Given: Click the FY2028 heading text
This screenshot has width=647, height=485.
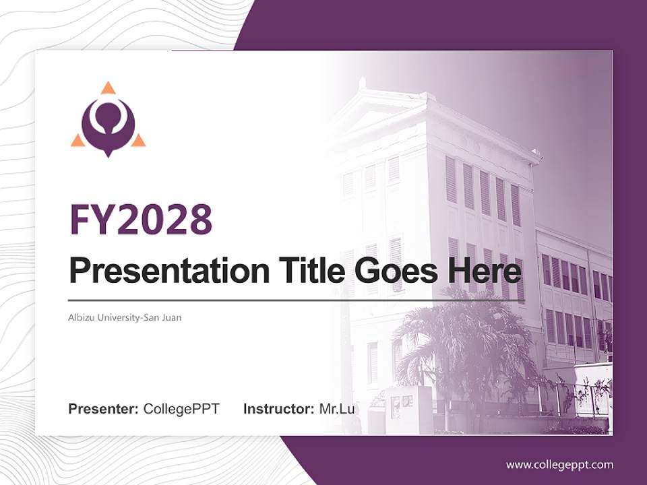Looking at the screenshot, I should pyautogui.click(x=141, y=218).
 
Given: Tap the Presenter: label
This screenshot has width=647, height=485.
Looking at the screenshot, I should pyautogui.click(x=103, y=409).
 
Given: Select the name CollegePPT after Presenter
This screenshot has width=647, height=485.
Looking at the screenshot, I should pyautogui.click(x=181, y=409).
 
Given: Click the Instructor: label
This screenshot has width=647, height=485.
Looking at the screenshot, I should pyautogui.click(x=278, y=409).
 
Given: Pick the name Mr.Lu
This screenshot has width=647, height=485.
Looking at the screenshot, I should pyautogui.click(x=337, y=409).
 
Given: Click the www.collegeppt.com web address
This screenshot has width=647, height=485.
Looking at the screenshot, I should pyautogui.click(x=559, y=465).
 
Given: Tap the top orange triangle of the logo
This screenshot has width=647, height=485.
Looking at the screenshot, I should pyautogui.click(x=108, y=88).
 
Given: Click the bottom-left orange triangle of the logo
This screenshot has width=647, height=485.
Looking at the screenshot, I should pyautogui.click(x=78, y=140).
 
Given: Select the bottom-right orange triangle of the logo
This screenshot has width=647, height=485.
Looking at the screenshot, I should pyautogui.click(x=138, y=140).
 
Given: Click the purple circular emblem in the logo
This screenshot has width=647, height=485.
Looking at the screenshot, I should pyautogui.click(x=108, y=125).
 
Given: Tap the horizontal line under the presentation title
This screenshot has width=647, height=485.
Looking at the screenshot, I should pyautogui.click(x=297, y=300).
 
